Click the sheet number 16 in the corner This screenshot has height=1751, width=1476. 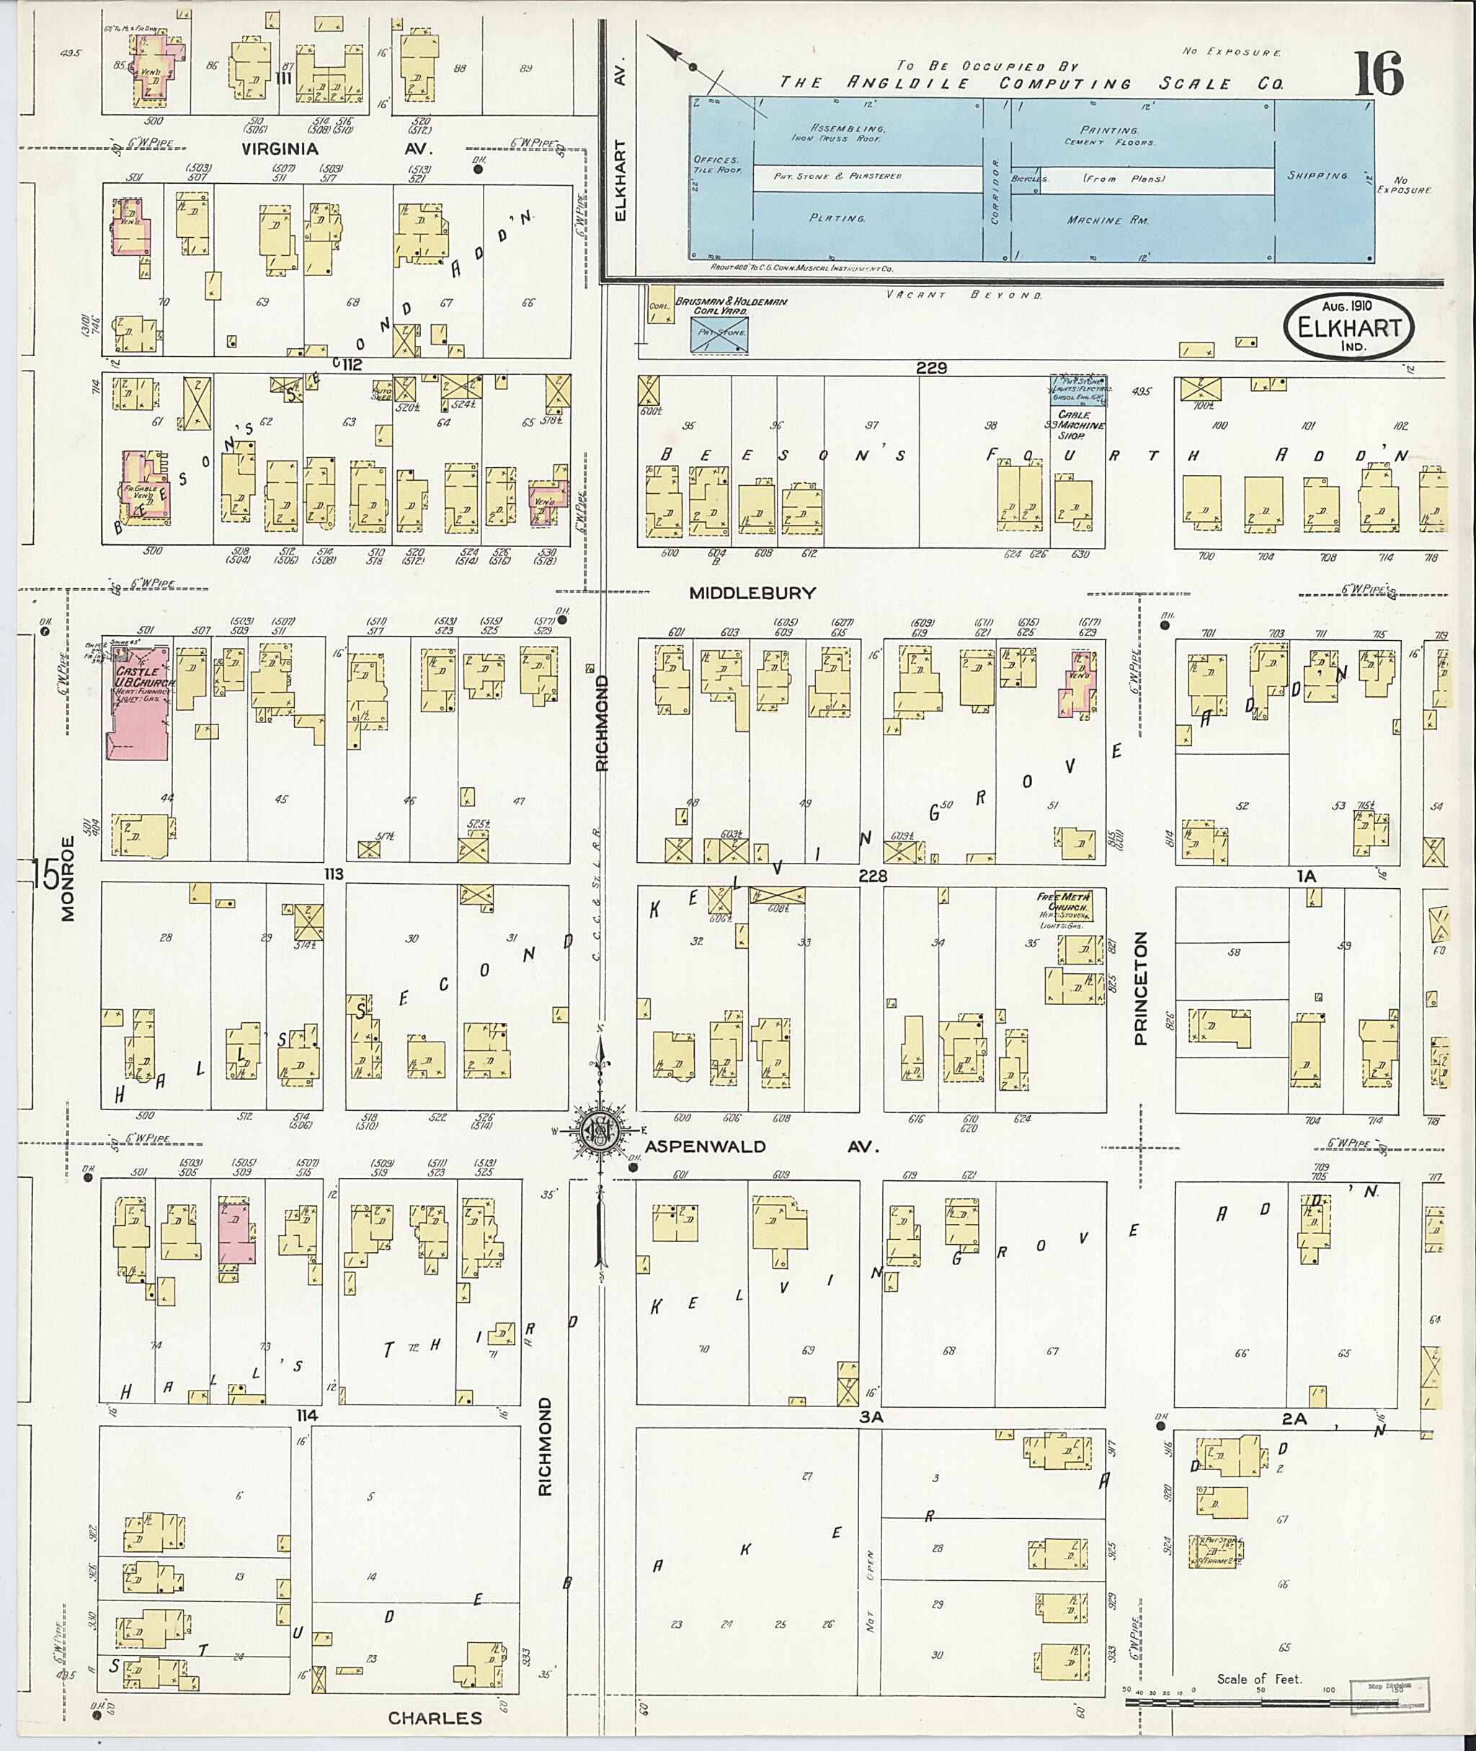1377,75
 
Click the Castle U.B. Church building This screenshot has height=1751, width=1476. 138,702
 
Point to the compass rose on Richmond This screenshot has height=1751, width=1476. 600,1130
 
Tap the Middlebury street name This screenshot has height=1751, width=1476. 752,593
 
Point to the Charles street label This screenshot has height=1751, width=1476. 435,1719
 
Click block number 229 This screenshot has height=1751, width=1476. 930,368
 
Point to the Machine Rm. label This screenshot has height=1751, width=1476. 1106,220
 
